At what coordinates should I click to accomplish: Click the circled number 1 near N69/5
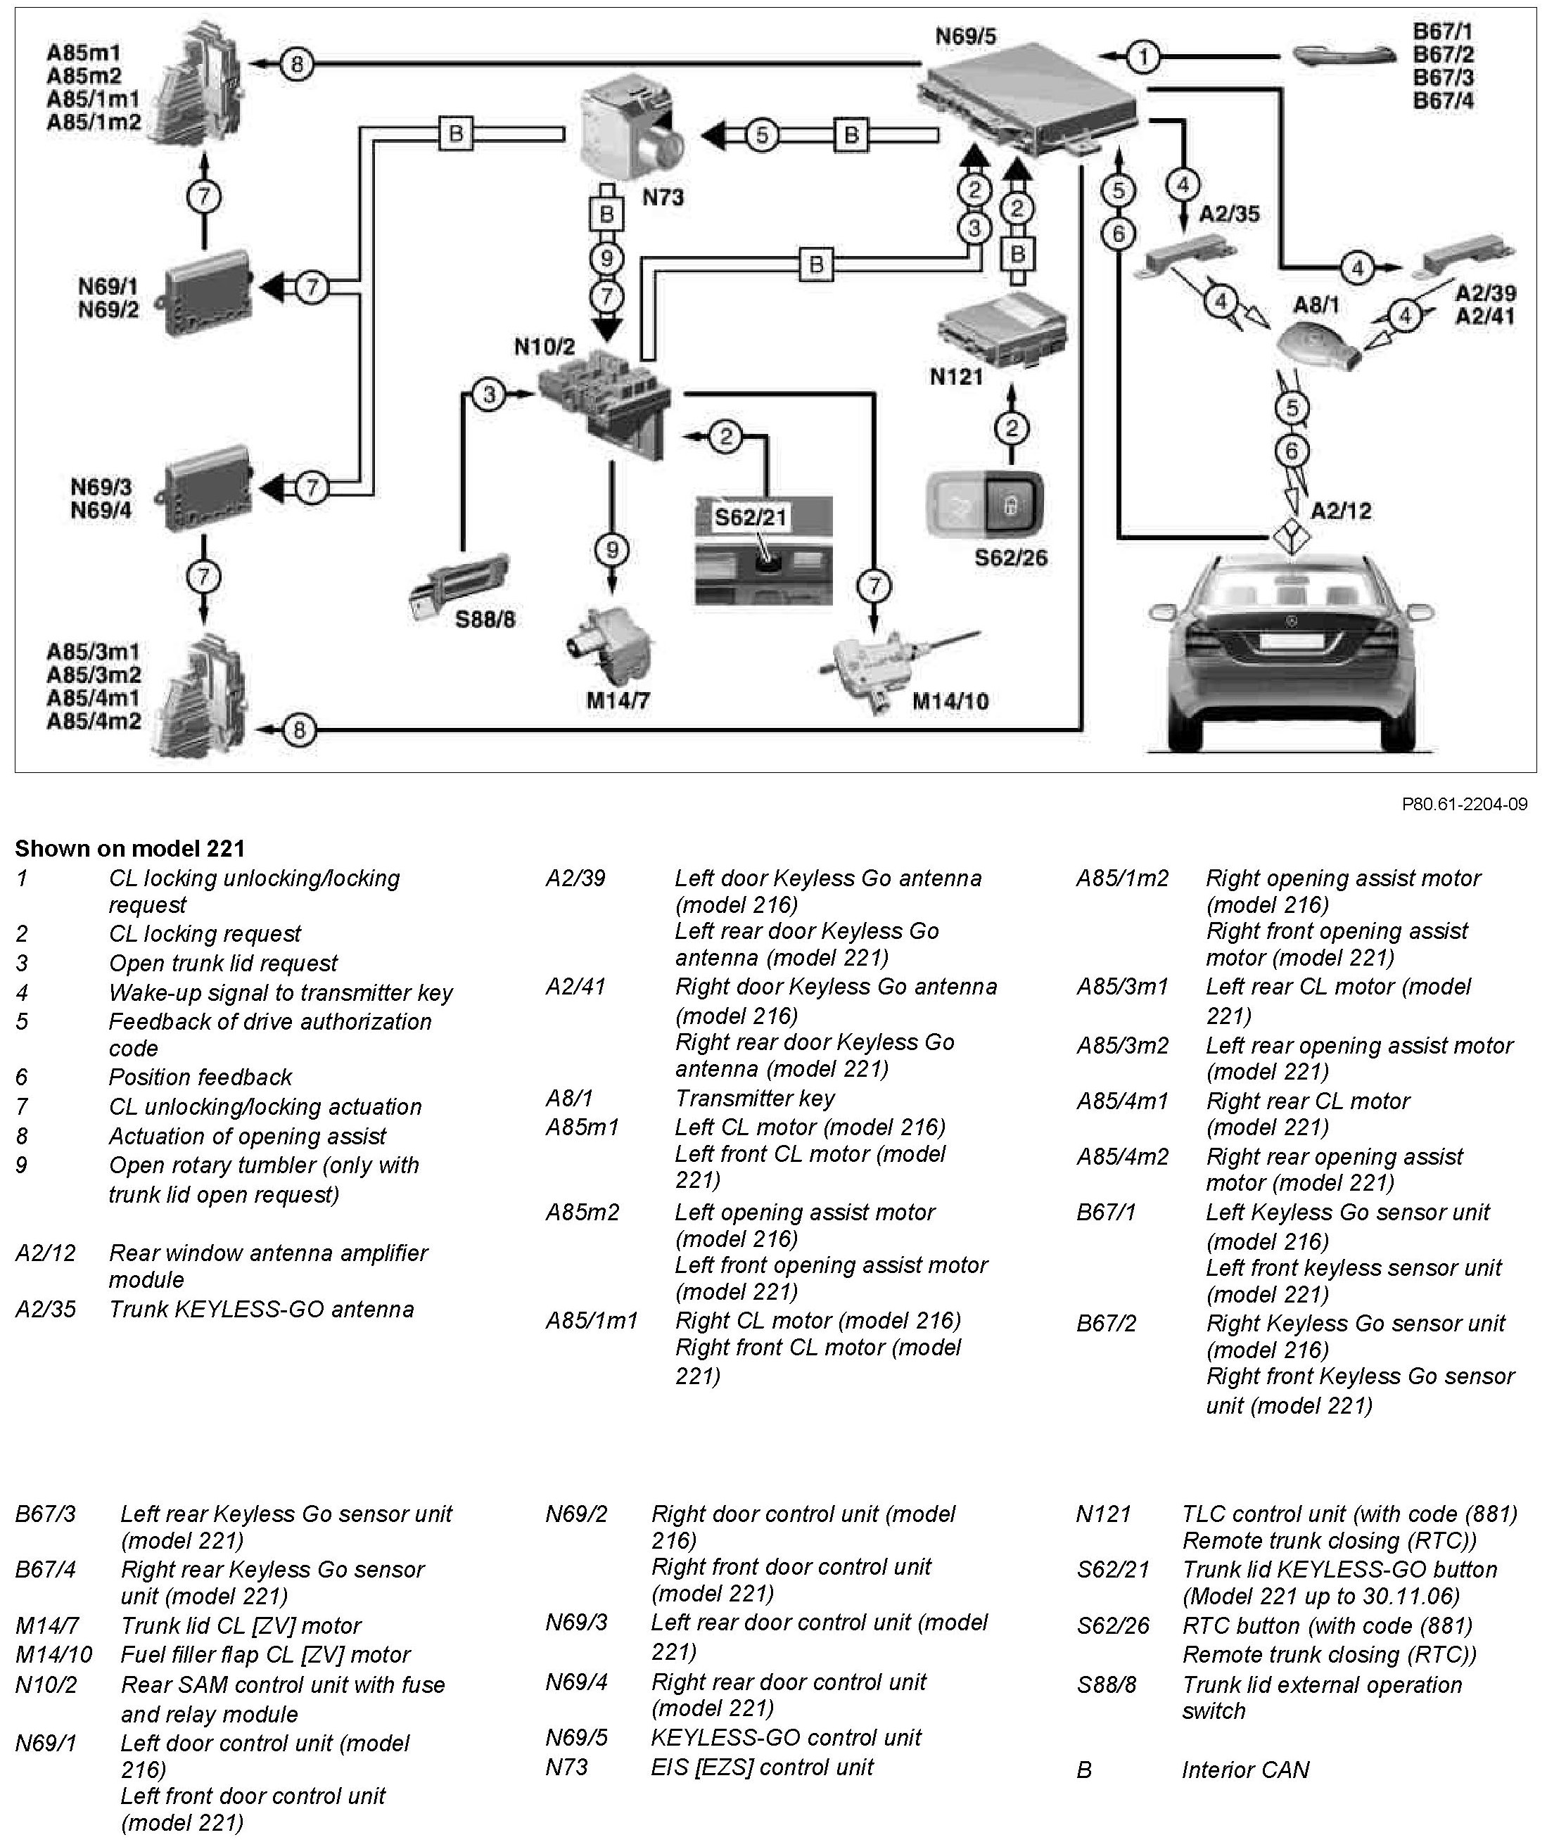pos(1142,57)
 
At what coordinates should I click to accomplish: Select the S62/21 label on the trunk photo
pos(750,518)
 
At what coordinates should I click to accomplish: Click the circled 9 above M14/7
pos(611,550)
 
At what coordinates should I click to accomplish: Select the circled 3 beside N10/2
pos(489,395)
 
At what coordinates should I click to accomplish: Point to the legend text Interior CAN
pos(1245,1770)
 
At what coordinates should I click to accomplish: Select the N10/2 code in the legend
pos(46,1685)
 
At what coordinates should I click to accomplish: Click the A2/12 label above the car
pos(1340,511)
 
